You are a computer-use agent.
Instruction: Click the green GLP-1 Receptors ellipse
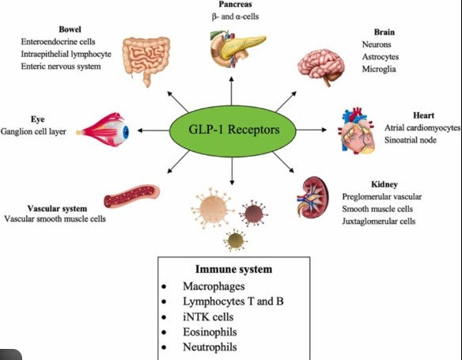click(x=233, y=130)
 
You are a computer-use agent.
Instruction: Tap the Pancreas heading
click(x=235, y=4)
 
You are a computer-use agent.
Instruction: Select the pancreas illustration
click(x=237, y=49)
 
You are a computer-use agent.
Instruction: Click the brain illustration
click(x=321, y=67)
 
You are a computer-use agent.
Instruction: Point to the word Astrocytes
click(x=381, y=57)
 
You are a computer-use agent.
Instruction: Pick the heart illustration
click(x=357, y=131)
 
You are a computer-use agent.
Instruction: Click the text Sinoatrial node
click(x=410, y=140)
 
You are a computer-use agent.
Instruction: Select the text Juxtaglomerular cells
click(x=379, y=222)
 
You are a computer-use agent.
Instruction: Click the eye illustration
click(x=103, y=130)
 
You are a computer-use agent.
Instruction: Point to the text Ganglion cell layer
click(x=33, y=131)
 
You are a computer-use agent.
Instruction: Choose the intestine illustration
click(x=146, y=61)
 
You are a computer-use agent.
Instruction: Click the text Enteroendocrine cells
click(x=58, y=41)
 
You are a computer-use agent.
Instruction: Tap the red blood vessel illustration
click(x=131, y=195)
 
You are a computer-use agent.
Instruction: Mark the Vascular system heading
click(x=57, y=209)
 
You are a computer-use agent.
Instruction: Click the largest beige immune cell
click(x=213, y=208)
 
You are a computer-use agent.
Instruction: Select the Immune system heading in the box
click(x=233, y=269)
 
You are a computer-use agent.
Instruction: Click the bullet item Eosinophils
click(x=210, y=332)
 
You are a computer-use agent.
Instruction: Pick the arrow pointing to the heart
click(x=312, y=130)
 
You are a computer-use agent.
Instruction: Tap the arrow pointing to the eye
click(x=153, y=131)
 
